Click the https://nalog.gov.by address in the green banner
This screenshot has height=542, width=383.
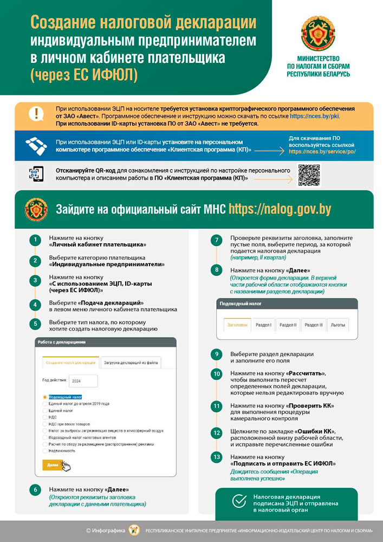[280, 209]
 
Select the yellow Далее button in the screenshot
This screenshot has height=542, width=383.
[53, 464]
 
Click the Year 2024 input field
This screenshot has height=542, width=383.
[83, 380]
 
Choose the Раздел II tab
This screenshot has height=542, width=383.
[287, 325]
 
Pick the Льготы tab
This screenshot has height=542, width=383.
[337, 325]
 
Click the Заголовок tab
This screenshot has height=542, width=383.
[237, 325]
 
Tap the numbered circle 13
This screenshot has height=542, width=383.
[217, 457]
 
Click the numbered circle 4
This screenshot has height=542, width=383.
[35, 305]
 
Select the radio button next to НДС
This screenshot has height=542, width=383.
[45, 417]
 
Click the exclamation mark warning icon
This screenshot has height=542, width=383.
[36, 114]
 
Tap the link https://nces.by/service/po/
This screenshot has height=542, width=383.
[322, 152]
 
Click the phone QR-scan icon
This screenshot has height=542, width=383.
[36, 173]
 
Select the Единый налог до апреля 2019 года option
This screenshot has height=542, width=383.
[79, 404]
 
